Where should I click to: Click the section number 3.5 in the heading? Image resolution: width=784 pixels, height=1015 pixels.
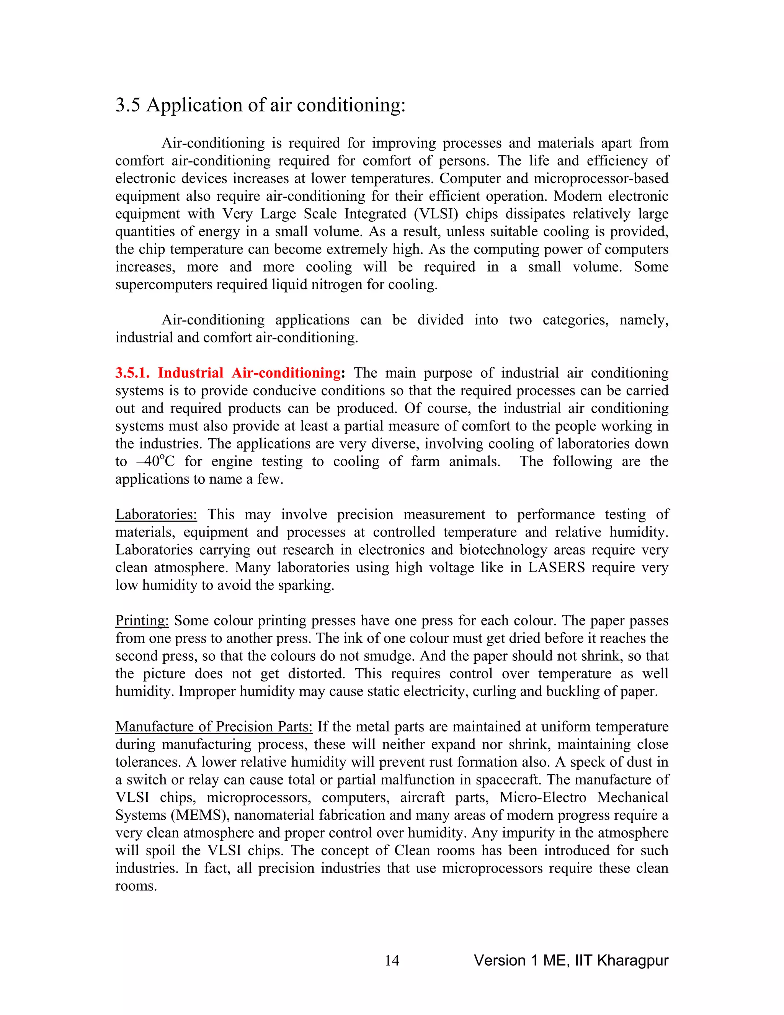128,105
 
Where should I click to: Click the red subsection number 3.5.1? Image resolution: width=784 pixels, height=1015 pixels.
132,373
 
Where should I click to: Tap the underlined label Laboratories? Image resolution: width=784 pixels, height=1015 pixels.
156,514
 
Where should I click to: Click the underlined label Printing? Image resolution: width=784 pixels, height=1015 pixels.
142,621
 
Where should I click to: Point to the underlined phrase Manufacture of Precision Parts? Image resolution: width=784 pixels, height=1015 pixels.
214,727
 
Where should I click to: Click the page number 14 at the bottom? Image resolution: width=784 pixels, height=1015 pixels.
392,961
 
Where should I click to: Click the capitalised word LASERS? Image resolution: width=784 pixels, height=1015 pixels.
556,568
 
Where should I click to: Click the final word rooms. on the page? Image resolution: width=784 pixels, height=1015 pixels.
136,886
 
